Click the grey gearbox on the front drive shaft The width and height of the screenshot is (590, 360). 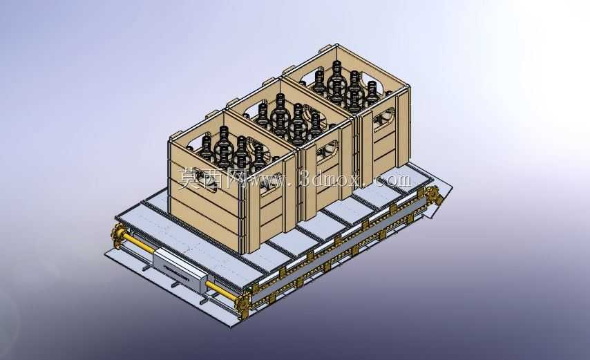click(x=180, y=269)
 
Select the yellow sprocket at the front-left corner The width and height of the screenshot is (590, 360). click(x=118, y=235)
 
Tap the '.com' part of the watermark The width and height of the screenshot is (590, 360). click(x=392, y=180)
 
